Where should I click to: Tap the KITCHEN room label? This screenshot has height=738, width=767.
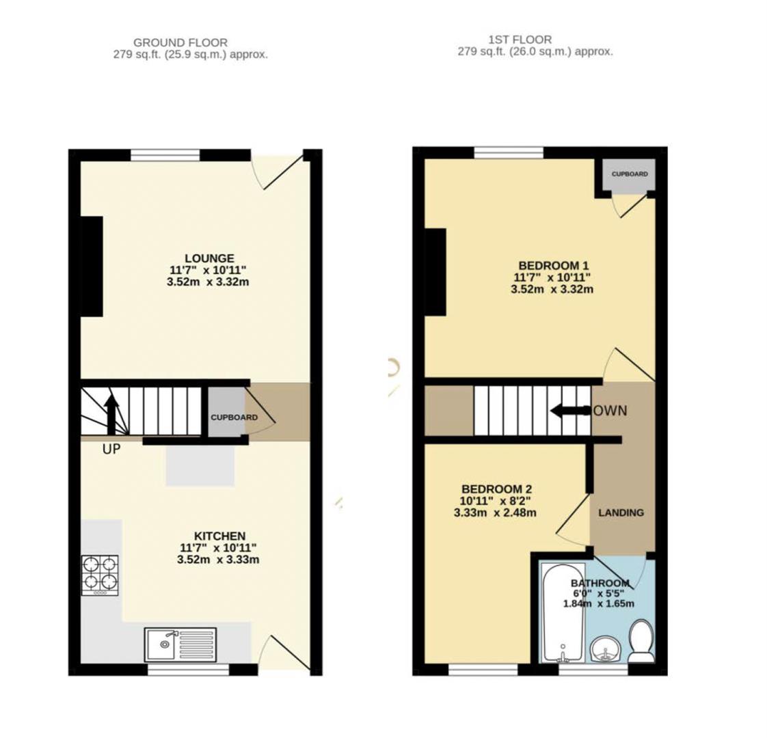click(219, 536)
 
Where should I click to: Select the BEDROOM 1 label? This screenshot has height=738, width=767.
click(553, 265)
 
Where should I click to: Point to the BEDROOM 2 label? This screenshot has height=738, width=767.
click(496, 489)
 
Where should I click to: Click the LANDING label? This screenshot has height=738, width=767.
click(621, 512)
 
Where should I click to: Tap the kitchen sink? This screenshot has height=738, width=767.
click(180, 644)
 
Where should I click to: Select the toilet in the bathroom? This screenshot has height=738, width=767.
click(641, 641)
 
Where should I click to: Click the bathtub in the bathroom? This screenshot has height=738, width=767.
click(563, 612)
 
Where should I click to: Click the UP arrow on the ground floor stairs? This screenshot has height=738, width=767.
click(111, 414)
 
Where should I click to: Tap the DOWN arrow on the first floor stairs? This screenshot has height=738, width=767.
click(570, 411)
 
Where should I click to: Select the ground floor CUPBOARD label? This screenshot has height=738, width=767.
click(234, 418)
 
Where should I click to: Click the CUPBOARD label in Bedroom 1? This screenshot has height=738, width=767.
click(629, 174)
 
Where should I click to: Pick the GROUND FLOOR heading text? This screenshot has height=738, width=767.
click(180, 42)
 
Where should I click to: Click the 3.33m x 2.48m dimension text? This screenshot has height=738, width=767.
click(494, 512)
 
